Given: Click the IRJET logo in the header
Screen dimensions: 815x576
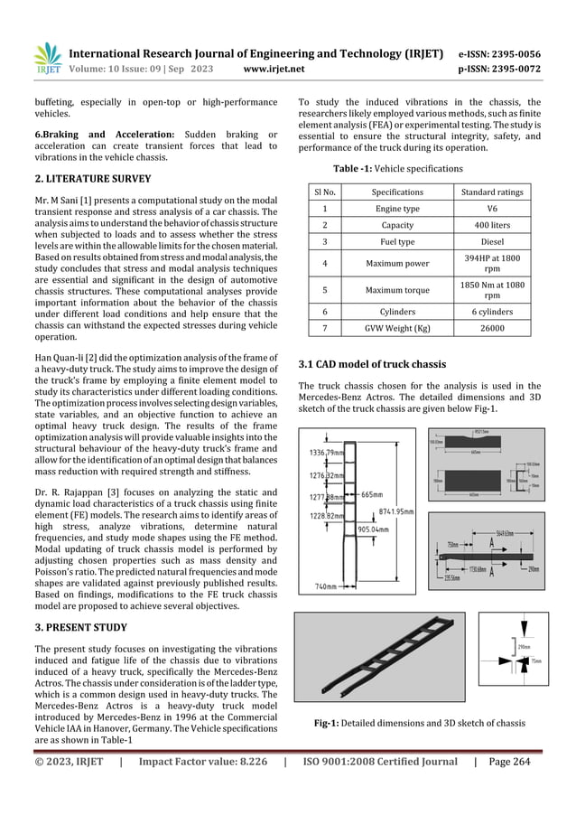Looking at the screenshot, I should coord(44,59).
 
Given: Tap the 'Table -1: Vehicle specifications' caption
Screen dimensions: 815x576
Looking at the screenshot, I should coord(399,168).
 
